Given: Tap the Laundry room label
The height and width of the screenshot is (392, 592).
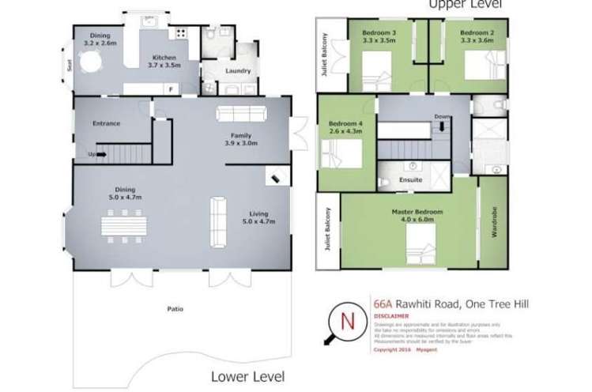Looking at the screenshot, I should coord(238,70).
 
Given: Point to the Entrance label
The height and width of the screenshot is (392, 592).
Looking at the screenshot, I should coord(106,123).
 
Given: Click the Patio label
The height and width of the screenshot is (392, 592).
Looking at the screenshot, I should coord(175,309).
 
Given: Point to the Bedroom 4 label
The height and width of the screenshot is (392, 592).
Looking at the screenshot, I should coord(345,126).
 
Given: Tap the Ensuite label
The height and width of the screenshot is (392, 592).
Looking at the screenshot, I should coord(411,180).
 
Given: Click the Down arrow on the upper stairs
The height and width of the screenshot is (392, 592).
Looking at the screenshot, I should coord(441,124).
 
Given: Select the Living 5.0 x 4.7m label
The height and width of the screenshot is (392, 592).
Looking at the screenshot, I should coord(258,217).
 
